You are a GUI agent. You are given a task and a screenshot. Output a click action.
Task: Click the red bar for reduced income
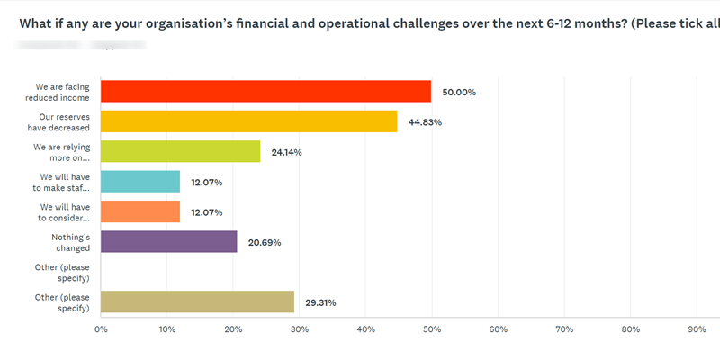(265, 91)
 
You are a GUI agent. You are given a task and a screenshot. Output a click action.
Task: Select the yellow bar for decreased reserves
(248, 121)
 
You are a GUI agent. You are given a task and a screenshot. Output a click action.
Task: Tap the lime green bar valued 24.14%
(180, 151)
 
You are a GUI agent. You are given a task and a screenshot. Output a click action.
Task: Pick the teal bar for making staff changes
(140, 182)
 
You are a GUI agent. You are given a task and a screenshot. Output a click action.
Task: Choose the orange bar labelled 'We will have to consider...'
(140, 211)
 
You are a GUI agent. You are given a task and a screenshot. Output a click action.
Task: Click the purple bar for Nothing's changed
(169, 242)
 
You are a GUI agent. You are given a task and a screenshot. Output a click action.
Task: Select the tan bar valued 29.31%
(197, 302)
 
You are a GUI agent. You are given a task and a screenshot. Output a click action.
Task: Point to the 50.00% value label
(459, 92)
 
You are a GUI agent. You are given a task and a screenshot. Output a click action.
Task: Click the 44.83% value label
(425, 122)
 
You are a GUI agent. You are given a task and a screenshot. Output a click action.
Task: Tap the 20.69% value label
(265, 243)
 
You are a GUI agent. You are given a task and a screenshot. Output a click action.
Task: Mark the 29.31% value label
(321, 303)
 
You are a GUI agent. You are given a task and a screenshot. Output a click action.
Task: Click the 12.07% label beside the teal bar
(207, 183)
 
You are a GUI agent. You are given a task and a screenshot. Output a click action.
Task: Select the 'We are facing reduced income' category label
(62, 92)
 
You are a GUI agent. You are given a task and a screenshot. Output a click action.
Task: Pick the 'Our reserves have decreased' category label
(64, 121)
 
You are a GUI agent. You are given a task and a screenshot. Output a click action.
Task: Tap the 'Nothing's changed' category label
(70, 242)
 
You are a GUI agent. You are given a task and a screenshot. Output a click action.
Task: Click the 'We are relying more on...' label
(62, 151)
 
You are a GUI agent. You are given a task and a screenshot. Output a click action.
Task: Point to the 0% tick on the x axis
(101, 329)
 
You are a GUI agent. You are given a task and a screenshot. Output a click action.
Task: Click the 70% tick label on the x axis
(564, 329)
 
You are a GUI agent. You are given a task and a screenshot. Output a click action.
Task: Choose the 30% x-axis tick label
(300, 329)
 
